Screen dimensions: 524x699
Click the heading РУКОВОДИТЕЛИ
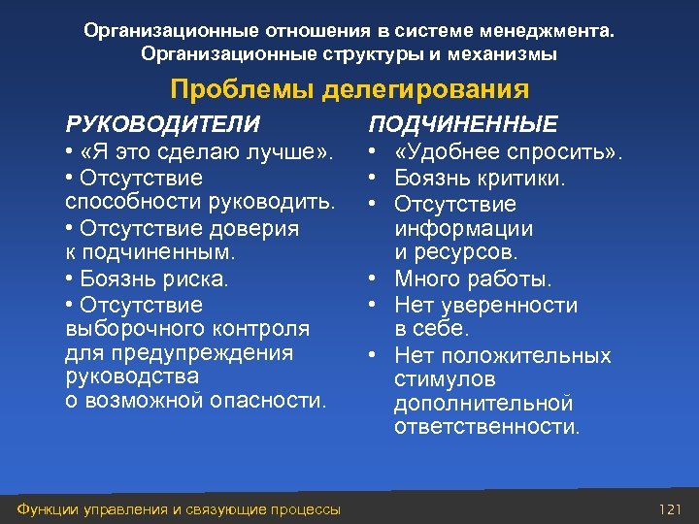coord(162,124)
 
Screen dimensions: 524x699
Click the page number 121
coord(671,509)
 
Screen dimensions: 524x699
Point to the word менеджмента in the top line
coord(548,31)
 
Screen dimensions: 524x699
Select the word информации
coord(463,229)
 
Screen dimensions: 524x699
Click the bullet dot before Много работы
coord(373,279)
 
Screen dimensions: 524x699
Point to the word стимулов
coord(445,380)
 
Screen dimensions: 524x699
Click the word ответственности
coord(486,427)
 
